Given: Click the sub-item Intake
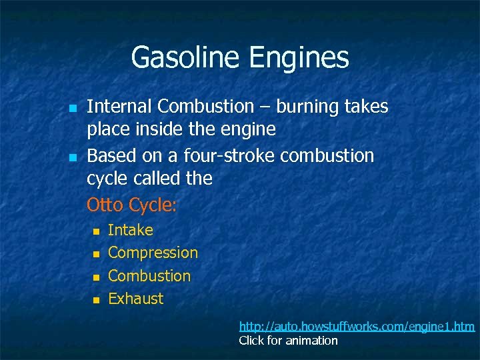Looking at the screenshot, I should [130, 230].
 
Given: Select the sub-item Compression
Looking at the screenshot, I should [153, 253].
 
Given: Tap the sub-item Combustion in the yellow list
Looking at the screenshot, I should [149, 275].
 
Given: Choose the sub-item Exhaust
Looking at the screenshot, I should [135, 298].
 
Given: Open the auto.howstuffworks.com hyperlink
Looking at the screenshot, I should [357, 326].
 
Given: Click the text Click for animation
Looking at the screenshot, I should [288, 341].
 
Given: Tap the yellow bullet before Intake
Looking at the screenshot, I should [95, 231].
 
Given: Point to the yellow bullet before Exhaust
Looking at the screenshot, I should [95, 299].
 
